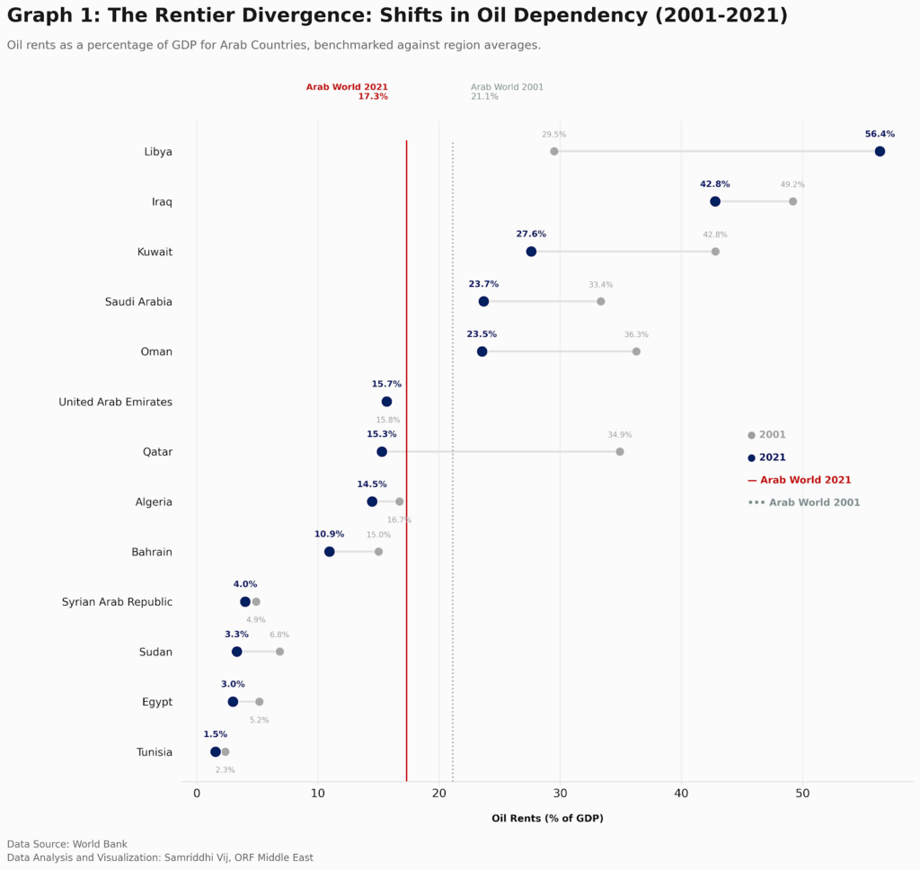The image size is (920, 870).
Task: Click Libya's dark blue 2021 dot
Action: click(x=880, y=151)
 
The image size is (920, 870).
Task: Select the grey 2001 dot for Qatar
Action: click(x=620, y=451)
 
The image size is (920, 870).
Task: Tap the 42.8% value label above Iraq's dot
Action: click(x=715, y=184)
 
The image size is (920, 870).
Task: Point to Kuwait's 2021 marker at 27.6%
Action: click(x=531, y=252)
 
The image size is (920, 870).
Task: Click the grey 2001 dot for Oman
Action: click(x=636, y=351)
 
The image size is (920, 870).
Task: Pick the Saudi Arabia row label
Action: click(x=138, y=302)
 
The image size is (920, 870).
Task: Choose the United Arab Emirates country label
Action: click(x=115, y=402)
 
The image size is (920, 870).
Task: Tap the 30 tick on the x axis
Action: click(x=560, y=794)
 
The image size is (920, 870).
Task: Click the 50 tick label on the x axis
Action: click(x=802, y=794)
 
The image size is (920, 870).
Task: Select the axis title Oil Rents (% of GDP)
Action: click(x=547, y=819)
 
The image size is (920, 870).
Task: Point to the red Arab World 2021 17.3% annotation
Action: click(x=348, y=92)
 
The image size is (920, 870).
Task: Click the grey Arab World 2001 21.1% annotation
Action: click(x=507, y=92)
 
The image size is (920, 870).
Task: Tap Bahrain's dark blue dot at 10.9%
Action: click(x=329, y=552)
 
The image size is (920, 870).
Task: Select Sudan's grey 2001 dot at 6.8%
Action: click(x=279, y=652)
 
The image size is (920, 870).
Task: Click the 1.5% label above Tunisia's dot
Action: click(x=215, y=734)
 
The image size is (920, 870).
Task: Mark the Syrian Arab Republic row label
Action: click(x=117, y=602)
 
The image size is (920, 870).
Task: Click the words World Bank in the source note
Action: click(x=100, y=844)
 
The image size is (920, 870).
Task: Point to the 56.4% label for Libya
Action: click(x=880, y=134)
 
